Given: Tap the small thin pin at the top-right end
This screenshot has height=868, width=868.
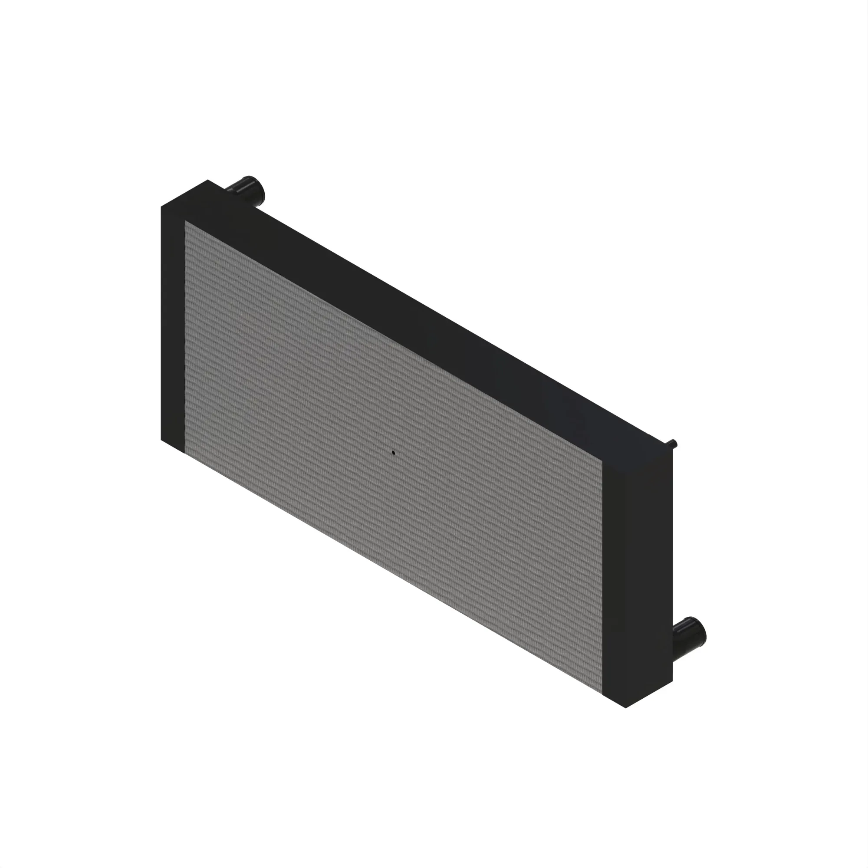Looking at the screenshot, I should pyautogui.click(x=674, y=444).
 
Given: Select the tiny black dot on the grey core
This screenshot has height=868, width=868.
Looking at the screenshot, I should pyautogui.click(x=393, y=452).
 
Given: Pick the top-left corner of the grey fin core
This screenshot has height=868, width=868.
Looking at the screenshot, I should pyautogui.click(x=185, y=221).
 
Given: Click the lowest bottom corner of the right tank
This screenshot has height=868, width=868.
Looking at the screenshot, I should pyautogui.click(x=626, y=708).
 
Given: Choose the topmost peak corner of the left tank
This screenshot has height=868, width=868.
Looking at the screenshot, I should pyautogui.click(x=207, y=180).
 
